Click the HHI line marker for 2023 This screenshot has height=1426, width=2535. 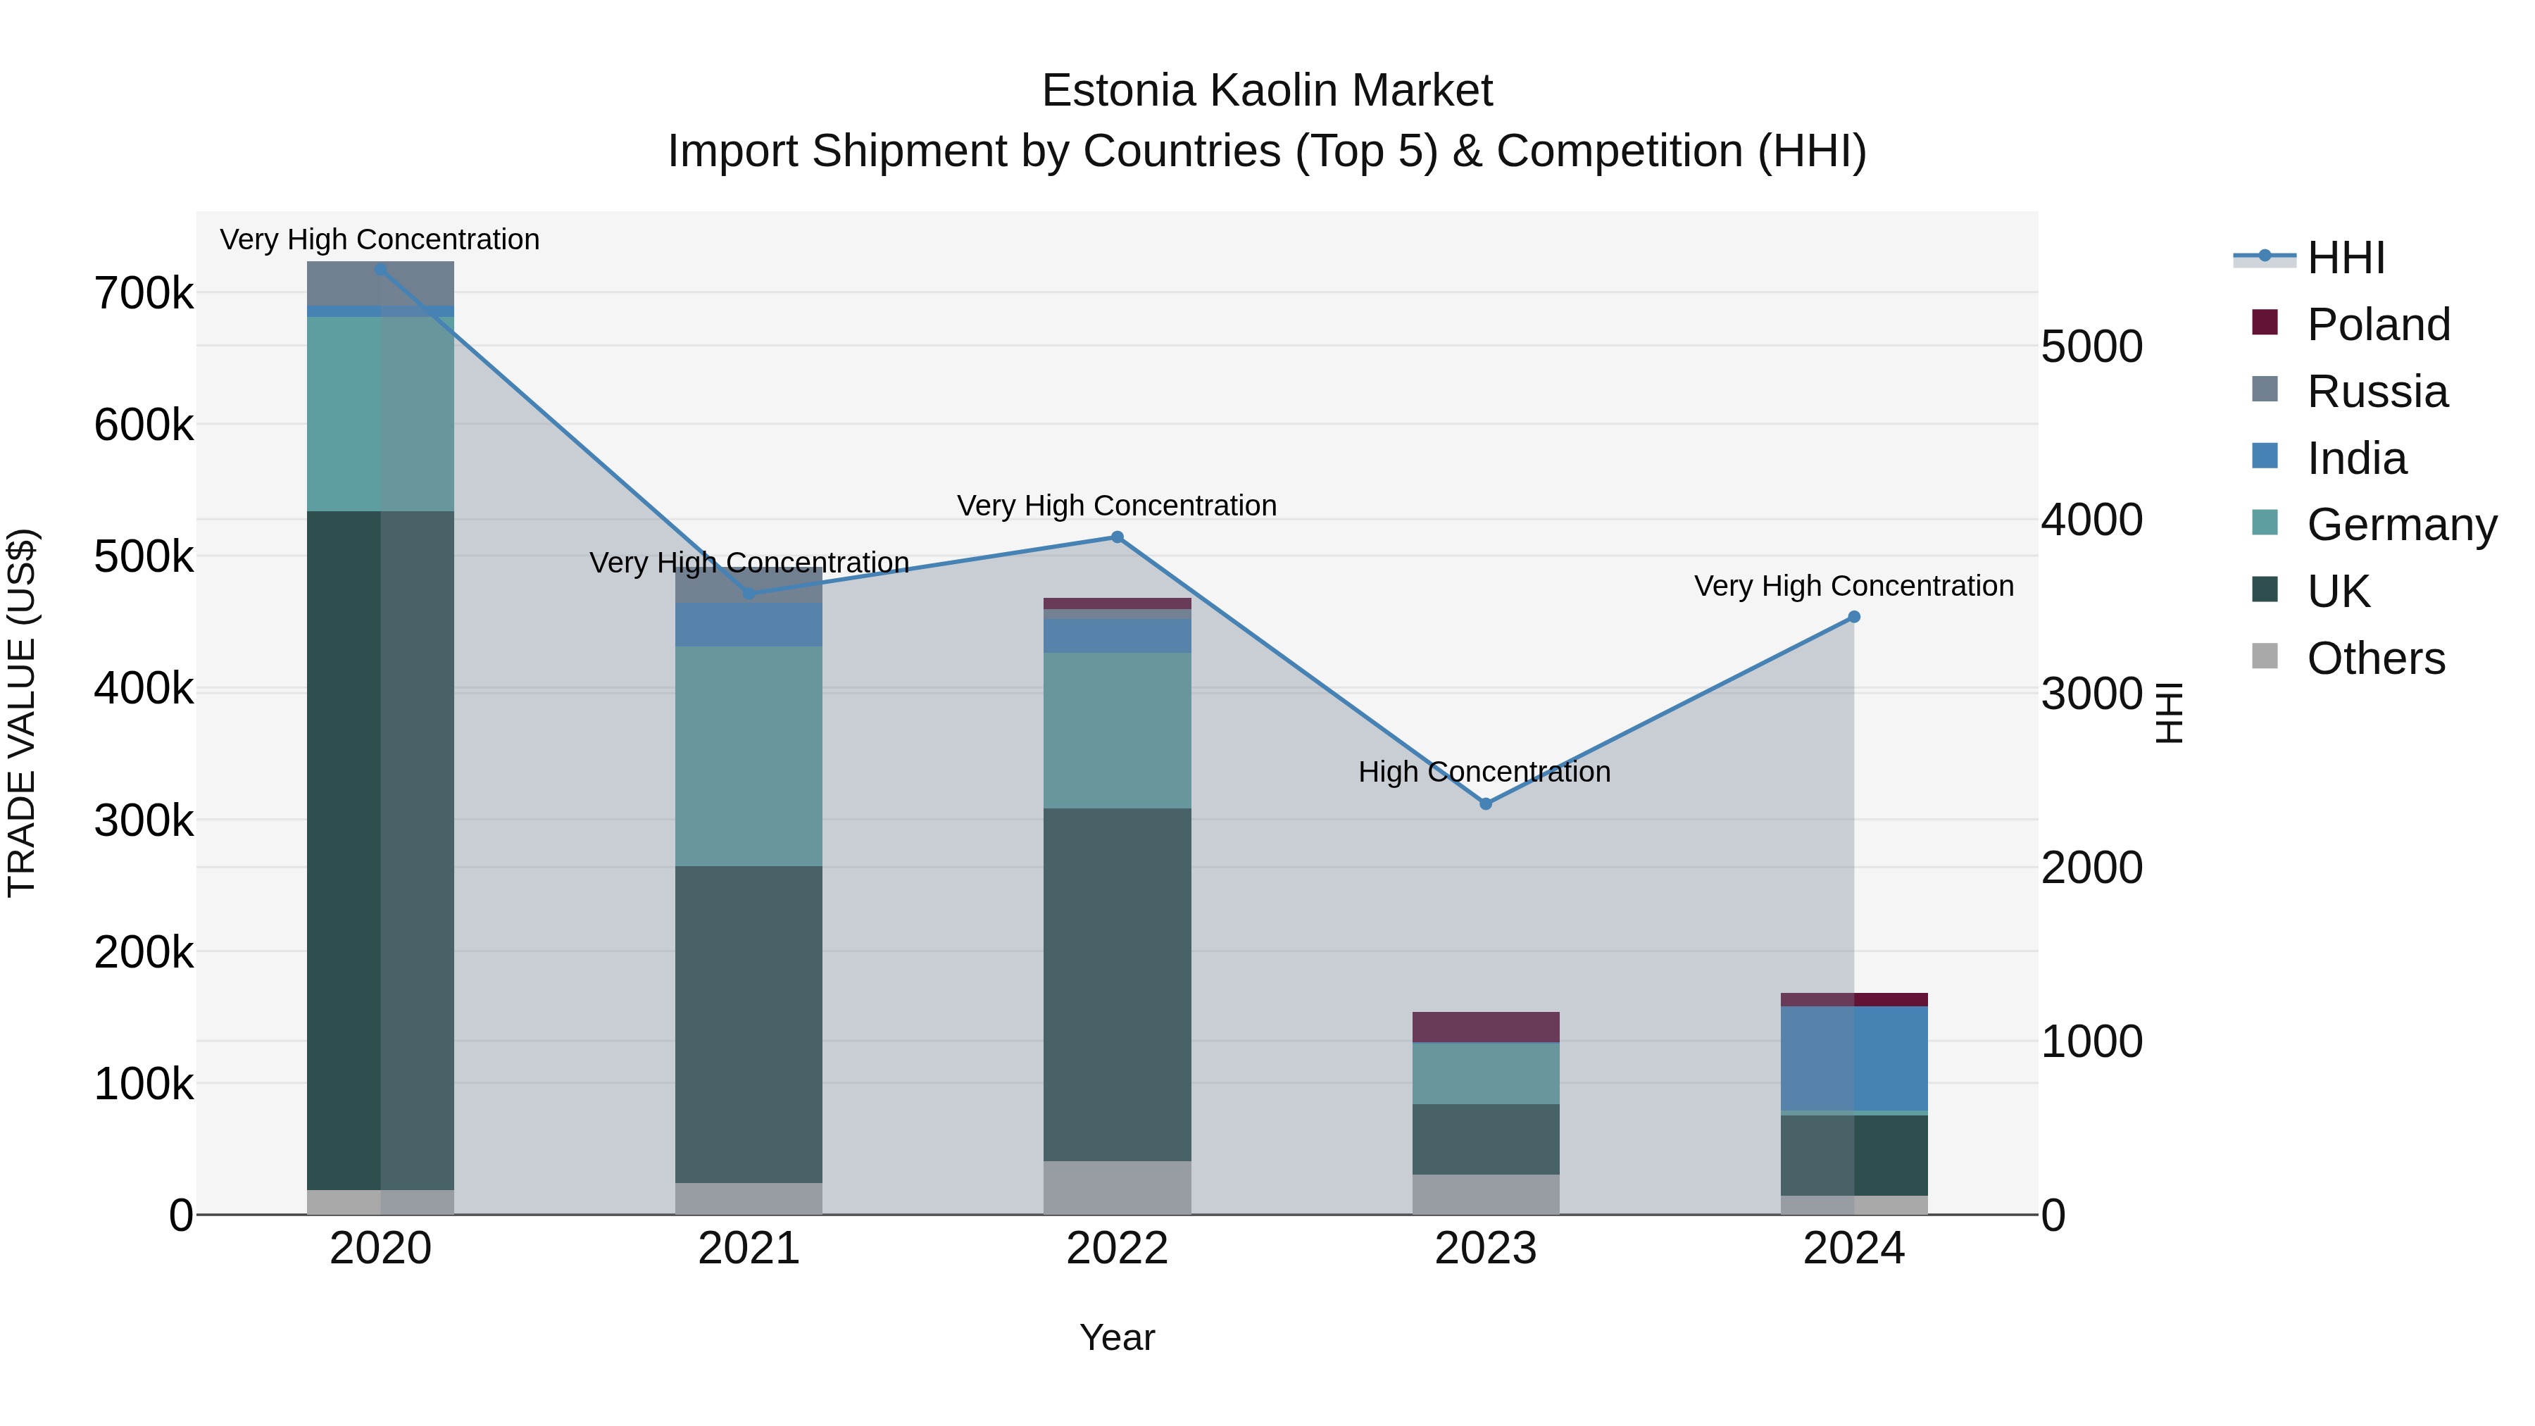click(x=1485, y=804)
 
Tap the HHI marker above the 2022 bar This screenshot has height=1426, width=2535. click(x=1117, y=537)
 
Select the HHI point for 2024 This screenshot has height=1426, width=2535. click(x=1854, y=617)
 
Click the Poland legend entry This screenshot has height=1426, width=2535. click(x=2377, y=325)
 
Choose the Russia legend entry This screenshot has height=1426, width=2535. click(x=2377, y=392)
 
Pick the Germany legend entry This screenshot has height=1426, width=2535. click(x=2401, y=525)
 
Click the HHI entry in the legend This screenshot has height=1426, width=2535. click(x=2345, y=258)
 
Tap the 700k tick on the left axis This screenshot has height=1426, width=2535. click(x=144, y=293)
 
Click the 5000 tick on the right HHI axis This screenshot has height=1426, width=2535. click(x=2091, y=346)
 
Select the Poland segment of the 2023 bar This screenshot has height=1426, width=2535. click(x=1485, y=1027)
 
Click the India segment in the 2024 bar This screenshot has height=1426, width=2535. click(x=1854, y=1058)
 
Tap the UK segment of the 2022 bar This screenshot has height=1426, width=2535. click(x=1117, y=984)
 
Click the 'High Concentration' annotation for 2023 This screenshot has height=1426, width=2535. click(x=1484, y=772)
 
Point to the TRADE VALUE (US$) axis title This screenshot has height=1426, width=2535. click(x=22, y=713)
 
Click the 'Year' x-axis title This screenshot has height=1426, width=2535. click(x=1117, y=1337)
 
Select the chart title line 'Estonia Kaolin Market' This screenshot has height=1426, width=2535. click(x=1267, y=91)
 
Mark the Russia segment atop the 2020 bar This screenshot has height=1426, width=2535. click(x=381, y=283)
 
